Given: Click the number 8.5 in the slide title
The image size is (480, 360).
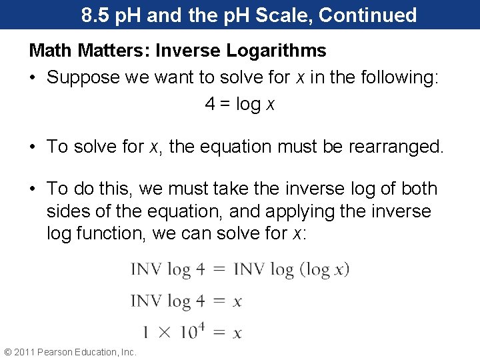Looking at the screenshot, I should click(96, 15).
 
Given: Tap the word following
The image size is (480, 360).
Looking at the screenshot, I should click(397, 77).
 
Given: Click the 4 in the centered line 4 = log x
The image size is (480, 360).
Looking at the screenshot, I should click(210, 105).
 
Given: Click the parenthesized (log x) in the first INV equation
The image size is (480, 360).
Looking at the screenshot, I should click(325, 269).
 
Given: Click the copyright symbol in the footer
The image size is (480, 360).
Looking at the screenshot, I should click(8, 352).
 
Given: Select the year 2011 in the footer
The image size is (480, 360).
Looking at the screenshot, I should click(25, 352).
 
